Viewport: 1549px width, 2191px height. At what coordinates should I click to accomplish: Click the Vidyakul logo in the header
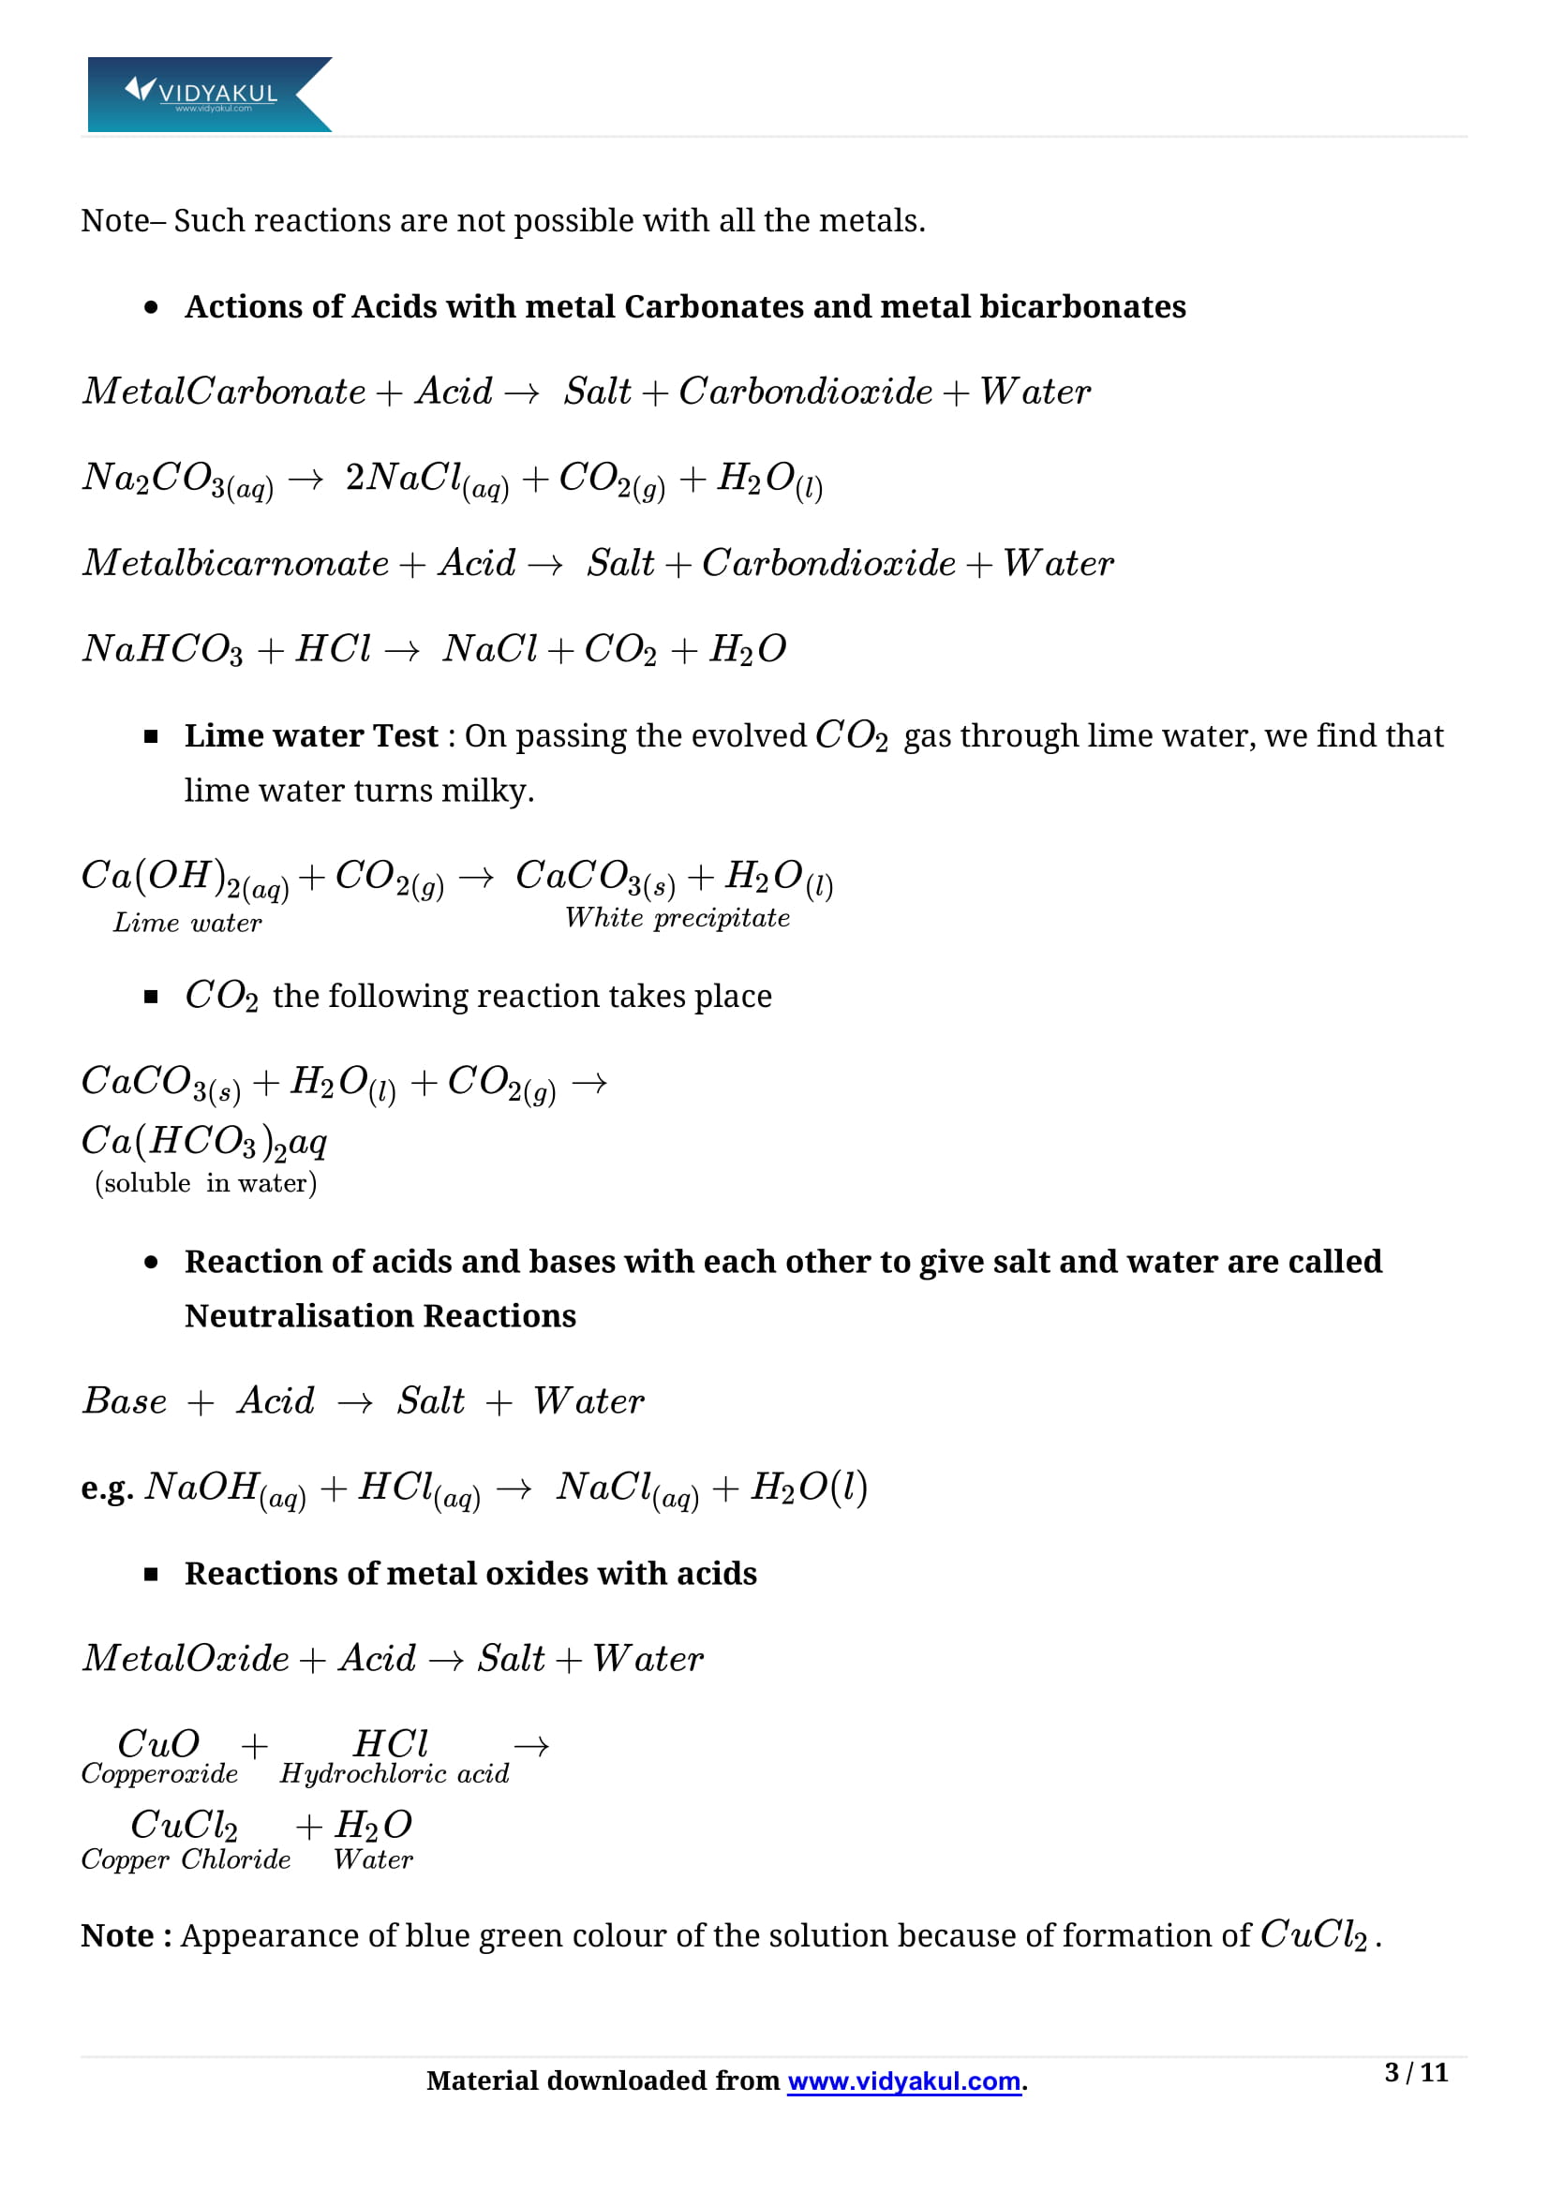(x=208, y=94)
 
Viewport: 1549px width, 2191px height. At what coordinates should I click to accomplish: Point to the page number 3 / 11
(x=1415, y=2073)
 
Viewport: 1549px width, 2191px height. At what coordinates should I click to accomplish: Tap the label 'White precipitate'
(x=677, y=918)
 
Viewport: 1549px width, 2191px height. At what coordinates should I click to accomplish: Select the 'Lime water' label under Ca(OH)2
(x=187, y=923)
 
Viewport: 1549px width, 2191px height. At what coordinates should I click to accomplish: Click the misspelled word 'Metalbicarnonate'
(x=236, y=563)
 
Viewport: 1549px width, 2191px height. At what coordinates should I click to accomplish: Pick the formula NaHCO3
(x=162, y=650)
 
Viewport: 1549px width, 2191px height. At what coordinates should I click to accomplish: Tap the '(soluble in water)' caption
(x=205, y=1183)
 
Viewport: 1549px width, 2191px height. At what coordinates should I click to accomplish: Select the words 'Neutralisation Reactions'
(x=380, y=1316)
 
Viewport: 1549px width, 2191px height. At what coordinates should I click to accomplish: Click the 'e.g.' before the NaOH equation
(x=107, y=1488)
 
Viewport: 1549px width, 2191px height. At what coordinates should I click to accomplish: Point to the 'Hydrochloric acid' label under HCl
(x=395, y=1774)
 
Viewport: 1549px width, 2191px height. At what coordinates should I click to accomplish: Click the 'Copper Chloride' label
(x=186, y=1860)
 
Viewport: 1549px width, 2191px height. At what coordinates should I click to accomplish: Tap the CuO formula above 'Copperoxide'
(x=158, y=1744)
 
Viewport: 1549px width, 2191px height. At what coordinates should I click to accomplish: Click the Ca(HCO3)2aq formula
(x=203, y=1142)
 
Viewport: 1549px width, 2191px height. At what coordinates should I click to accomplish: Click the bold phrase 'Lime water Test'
(x=311, y=735)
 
